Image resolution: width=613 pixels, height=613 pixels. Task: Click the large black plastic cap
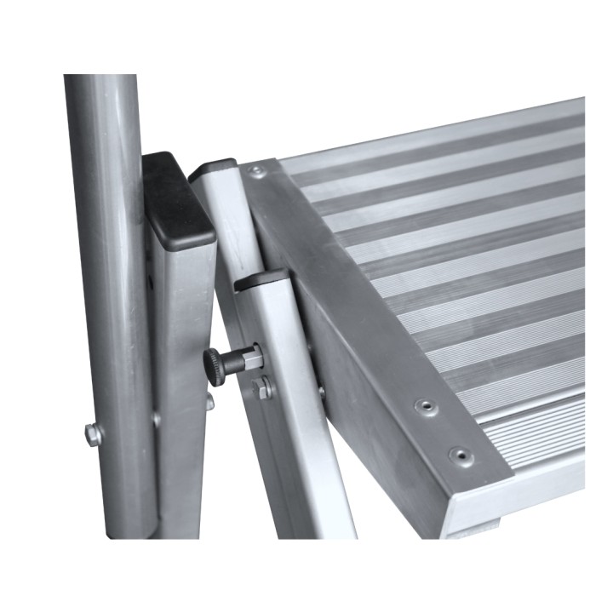pyautogui.click(x=177, y=199)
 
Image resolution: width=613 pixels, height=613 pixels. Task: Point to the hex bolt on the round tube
pyautogui.click(x=93, y=434)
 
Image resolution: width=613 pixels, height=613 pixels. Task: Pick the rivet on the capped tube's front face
pyautogui.click(x=157, y=419)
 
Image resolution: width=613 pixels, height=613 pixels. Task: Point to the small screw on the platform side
pyautogui.click(x=321, y=392)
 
